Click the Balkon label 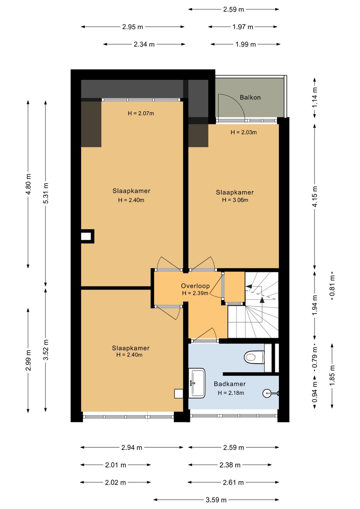[250, 97]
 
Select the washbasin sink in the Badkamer [197, 383]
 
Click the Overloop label [195, 286]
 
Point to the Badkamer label [230, 384]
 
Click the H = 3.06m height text [235, 200]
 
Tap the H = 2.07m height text [141, 113]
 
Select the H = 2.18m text [231, 393]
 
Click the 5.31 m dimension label [46, 193]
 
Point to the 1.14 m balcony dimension [315, 98]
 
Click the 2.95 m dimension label [132, 27]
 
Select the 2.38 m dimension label [230, 465]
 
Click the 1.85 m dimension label [332, 375]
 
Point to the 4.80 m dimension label [28, 184]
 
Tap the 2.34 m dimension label [144, 44]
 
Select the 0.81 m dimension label [332, 286]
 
